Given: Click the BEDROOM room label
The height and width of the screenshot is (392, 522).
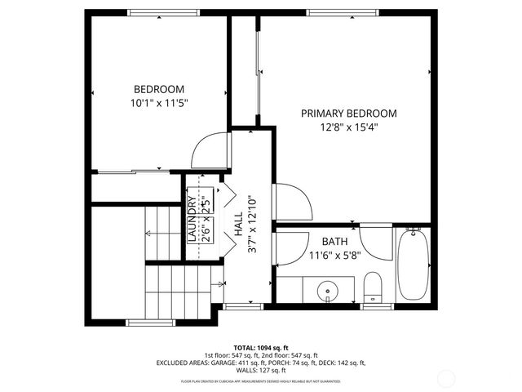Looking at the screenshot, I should (x=159, y=89).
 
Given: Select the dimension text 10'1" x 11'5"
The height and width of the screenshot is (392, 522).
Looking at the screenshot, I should (x=159, y=104).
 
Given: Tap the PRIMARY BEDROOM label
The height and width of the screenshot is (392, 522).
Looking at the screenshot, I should (x=348, y=114).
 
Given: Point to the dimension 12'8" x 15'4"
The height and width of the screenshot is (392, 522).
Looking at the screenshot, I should (x=348, y=127).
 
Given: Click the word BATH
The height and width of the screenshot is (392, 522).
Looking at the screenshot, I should (x=334, y=242).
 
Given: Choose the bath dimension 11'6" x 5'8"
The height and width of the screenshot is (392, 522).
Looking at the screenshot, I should (x=334, y=255).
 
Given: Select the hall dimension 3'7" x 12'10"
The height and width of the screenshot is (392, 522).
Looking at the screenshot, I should (x=253, y=225).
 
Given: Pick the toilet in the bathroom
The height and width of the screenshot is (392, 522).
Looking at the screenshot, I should (x=372, y=286).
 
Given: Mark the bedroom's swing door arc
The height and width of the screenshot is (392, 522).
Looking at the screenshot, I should (x=206, y=149).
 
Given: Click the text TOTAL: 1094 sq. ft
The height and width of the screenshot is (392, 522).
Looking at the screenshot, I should (x=261, y=347).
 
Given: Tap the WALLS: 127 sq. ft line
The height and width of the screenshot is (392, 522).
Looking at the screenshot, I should (x=261, y=372).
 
